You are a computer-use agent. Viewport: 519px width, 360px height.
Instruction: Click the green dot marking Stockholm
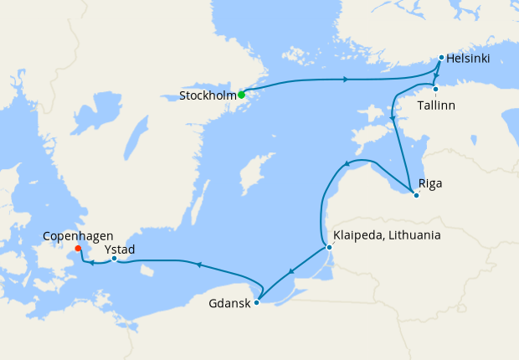241,95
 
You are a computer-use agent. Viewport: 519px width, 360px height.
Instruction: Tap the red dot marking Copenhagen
77,248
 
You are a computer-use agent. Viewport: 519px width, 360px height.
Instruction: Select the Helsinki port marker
441,58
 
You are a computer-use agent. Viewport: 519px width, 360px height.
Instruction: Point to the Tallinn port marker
435,89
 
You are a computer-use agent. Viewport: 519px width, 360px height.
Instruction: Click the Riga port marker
416,196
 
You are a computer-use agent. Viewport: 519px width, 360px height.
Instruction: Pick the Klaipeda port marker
329,247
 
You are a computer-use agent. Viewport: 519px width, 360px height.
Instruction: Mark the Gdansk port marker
256,302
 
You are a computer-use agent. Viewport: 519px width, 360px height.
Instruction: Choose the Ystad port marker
114,258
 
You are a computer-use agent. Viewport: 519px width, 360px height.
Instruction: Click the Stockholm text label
207,96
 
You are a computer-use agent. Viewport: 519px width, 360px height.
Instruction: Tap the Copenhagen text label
80,237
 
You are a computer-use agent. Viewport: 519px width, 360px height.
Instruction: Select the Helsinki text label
468,59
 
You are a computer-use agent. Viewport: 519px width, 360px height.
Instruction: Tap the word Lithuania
413,235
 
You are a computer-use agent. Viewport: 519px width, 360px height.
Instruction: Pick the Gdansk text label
229,303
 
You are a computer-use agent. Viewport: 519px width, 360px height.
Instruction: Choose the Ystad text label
120,249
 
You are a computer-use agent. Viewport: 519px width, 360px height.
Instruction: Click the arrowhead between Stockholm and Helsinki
345,80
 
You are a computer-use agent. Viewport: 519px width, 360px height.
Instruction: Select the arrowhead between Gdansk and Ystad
198,265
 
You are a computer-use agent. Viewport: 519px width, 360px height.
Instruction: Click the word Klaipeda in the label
358,235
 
